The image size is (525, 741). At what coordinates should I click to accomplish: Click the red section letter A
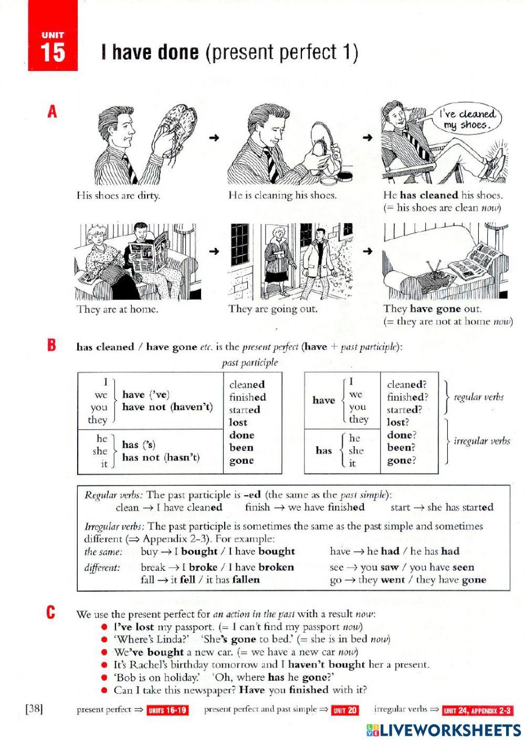point(52,112)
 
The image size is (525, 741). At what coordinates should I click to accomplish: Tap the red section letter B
point(51,346)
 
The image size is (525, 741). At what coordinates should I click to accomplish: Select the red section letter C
point(51,612)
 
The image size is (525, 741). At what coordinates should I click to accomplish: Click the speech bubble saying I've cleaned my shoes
point(467,120)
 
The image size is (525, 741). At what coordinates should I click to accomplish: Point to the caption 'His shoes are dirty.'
point(118,195)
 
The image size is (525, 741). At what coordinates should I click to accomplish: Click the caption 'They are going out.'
point(272,309)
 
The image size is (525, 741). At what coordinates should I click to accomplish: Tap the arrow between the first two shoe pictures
point(213,138)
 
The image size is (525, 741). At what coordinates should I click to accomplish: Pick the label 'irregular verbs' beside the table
point(481,441)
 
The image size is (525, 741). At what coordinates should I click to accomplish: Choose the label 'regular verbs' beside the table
point(478,397)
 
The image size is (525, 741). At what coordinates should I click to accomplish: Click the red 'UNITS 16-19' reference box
point(167,710)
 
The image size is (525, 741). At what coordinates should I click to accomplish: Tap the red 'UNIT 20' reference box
point(344,710)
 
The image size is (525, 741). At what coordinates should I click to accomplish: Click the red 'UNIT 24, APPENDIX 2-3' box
point(477,711)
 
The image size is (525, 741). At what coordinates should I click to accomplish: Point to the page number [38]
point(34,709)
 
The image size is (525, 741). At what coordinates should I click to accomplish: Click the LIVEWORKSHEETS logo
point(443,730)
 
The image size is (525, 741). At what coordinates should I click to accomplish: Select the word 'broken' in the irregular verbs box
point(276,567)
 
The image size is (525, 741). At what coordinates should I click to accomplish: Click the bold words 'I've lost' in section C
point(133,627)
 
